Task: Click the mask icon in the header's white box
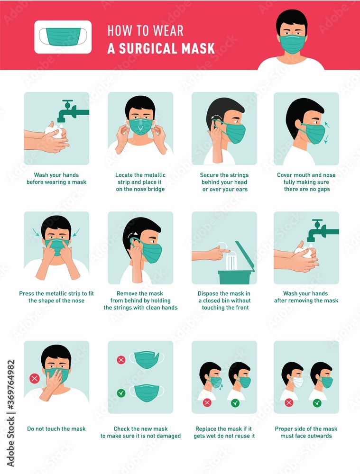click(63, 36)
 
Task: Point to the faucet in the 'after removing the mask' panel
click(321, 230)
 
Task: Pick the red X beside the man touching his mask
click(34, 378)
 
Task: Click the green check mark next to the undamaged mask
click(121, 392)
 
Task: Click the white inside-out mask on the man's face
click(298, 382)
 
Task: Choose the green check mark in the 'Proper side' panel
click(317, 403)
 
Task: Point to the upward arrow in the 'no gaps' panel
click(326, 125)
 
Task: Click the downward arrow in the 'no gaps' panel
click(326, 139)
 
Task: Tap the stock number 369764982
click(10, 395)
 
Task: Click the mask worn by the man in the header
click(292, 44)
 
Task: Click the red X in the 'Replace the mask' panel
click(207, 403)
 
